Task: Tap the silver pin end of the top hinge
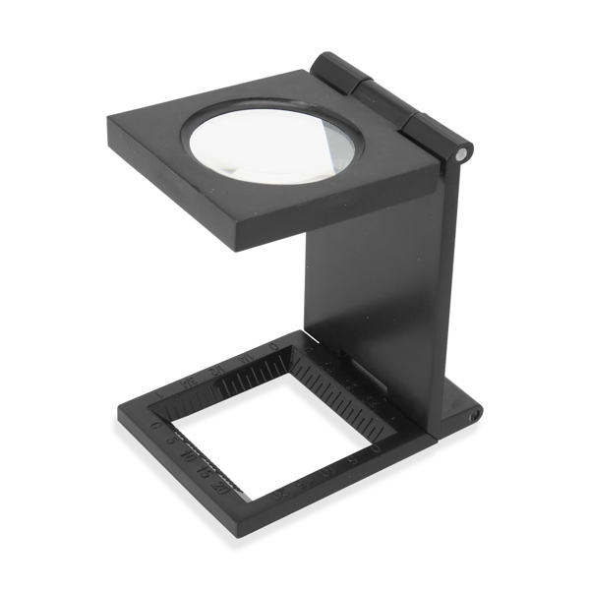point(463,152)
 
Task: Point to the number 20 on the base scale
point(221,487)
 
